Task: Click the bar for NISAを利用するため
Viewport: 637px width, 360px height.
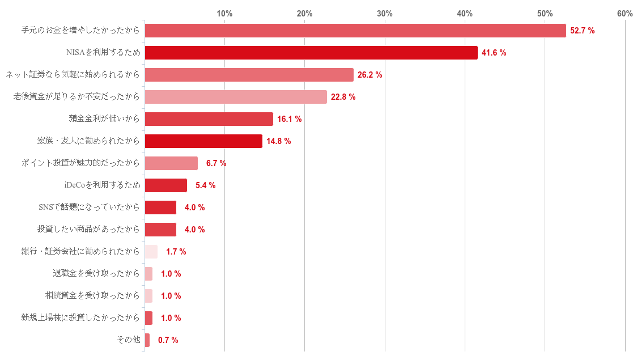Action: click(x=311, y=53)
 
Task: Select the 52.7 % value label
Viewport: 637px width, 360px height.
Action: click(x=582, y=31)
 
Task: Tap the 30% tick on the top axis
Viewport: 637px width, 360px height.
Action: click(x=385, y=13)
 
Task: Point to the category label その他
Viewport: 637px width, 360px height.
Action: click(x=128, y=340)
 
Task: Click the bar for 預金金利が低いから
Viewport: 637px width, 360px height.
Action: click(x=209, y=119)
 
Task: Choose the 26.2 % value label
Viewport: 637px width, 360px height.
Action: click(x=370, y=75)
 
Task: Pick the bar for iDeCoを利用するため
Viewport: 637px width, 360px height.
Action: click(x=166, y=185)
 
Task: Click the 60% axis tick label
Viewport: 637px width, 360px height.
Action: click(x=625, y=13)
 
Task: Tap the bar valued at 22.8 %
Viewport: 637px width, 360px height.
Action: click(x=236, y=97)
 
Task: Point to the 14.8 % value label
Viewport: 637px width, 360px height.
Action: click(x=278, y=141)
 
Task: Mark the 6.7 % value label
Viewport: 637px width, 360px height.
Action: click(x=216, y=163)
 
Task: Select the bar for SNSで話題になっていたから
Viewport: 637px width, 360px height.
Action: click(x=161, y=207)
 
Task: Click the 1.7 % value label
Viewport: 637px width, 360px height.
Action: click(x=176, y=252)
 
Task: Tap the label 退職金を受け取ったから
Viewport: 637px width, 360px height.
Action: click(x=96, y=274)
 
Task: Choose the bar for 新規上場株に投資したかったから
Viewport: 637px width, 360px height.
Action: click(x=149, y=318)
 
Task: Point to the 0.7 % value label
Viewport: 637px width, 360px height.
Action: click(x=168, y=340)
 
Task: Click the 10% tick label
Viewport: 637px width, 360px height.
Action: click(x=224, y=13)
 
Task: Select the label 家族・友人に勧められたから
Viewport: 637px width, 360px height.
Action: click(x=88, y=141)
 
